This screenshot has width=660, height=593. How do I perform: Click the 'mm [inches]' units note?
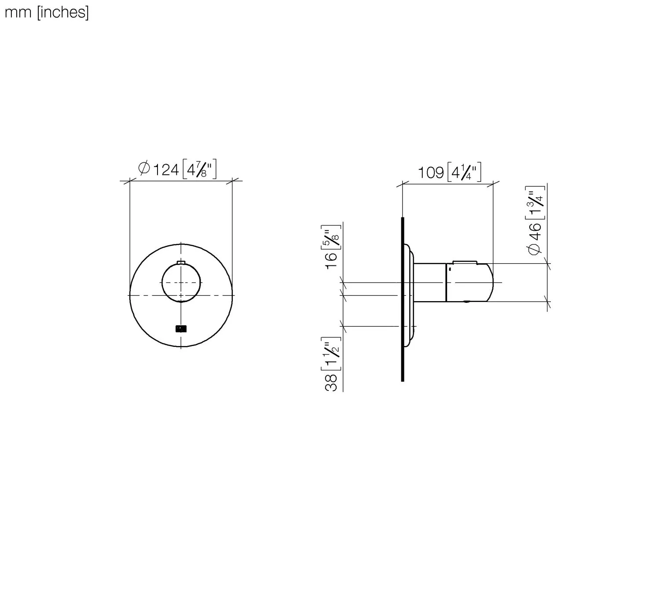tap(47, 12)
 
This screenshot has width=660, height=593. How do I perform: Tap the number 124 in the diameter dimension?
tap(165, 169)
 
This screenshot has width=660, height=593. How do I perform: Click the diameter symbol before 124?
tap(144, 169)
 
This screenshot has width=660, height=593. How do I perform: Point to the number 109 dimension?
tap(430, 172)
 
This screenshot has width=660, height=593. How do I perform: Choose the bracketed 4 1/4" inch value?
tap(464, 172)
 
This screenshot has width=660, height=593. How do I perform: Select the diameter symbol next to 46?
tap(535, 249)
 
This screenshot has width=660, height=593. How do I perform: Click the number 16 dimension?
tap(331, 261)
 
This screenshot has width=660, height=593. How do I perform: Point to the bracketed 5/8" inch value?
tap(333, 238)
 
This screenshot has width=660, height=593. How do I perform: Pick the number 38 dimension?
tap(331, 382)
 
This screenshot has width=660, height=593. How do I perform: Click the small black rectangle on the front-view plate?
tap(181, 328)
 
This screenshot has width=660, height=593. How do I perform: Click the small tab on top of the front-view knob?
tap(181, 263)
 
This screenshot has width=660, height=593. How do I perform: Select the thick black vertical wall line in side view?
tap(403, 299)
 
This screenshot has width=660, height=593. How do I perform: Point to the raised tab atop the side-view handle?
tap(464, 262)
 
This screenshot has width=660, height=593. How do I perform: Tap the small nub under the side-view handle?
tap(466, 302)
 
